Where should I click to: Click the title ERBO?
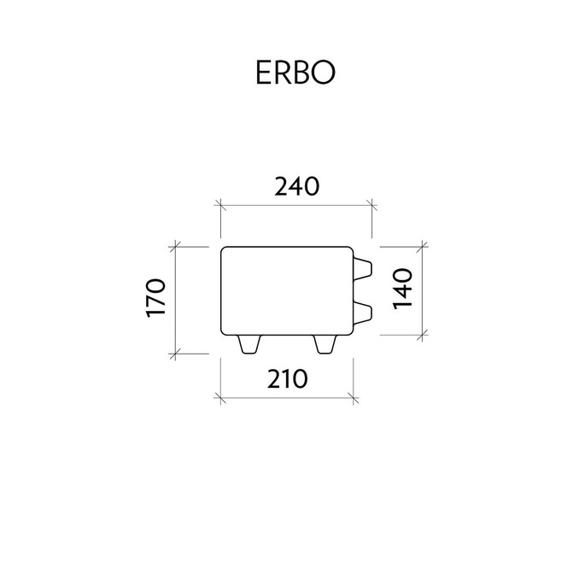pos(295,73)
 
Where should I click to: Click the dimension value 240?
pos(297,186)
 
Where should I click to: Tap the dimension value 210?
pos(287,379)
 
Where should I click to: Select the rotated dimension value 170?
pos(155,298)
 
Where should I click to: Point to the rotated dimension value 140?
pos(402,289)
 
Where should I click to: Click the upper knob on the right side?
pos(362,270)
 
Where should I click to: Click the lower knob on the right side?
pos(362,314)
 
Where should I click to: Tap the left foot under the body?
pos(249,344)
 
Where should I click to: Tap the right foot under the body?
pos(325,344)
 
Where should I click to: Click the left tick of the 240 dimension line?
pos(221,205)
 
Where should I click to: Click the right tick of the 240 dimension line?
pos(371,205)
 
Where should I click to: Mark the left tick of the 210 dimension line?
pos(221,398)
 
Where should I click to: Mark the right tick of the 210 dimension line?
pos(354,398)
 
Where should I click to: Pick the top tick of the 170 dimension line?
pos(175,247)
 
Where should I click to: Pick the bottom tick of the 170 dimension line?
pos(175,354)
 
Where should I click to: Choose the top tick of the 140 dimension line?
pos(422,247)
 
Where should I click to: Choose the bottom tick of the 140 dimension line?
pos(422,335)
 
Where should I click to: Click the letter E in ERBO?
pos(263,73)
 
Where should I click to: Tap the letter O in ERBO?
pos(324,73)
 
